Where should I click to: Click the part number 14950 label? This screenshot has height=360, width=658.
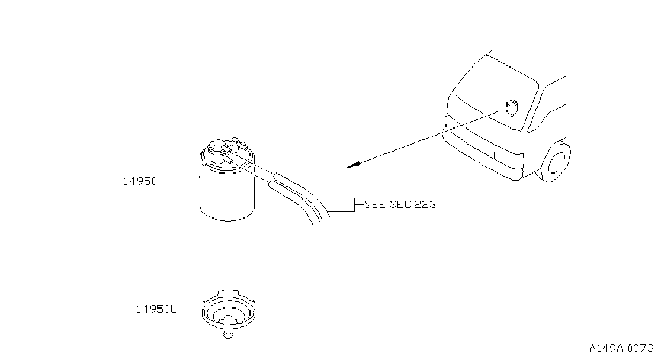coord(140,181)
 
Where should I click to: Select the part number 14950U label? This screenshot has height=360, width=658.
coord(157,309)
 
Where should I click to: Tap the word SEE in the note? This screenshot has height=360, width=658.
coord(375,204)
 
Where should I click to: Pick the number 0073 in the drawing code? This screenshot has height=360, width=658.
coord(641,348)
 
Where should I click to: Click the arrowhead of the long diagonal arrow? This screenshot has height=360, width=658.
coord(353,165)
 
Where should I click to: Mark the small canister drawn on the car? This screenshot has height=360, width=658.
coord(512,108)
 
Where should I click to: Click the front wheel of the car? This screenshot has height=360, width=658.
coord(554,162)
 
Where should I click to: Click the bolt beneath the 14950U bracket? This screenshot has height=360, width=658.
coord(228,334)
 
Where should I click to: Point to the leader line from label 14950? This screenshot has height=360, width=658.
coord(178,182)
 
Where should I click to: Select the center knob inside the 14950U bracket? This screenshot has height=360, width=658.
coord(229,318)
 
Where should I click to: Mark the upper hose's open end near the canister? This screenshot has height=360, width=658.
coord(276,176)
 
